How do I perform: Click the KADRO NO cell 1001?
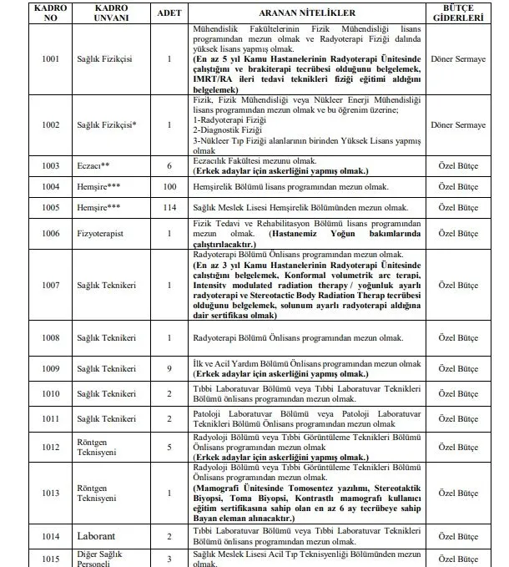click(x=52, y=61)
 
